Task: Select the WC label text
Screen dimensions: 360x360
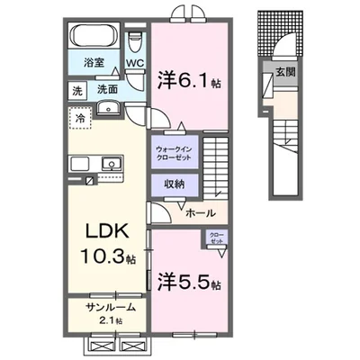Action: point(136,64)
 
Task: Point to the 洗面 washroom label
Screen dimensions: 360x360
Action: point(108,90)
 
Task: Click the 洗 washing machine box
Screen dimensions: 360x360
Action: point(78,90)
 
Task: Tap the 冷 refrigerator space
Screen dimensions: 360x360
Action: point(81,115)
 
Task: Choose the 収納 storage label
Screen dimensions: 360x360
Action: point(174,183)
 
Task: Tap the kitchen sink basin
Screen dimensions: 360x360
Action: point(112,164)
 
